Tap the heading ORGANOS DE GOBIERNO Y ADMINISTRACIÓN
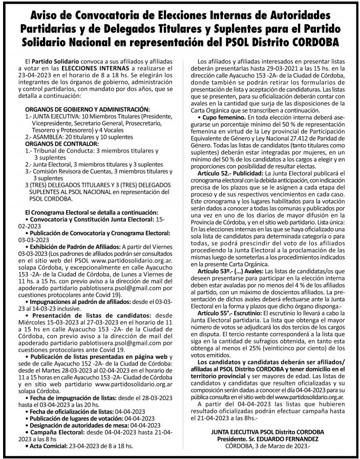[88, 109]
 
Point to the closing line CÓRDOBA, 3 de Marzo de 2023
[268, 446]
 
